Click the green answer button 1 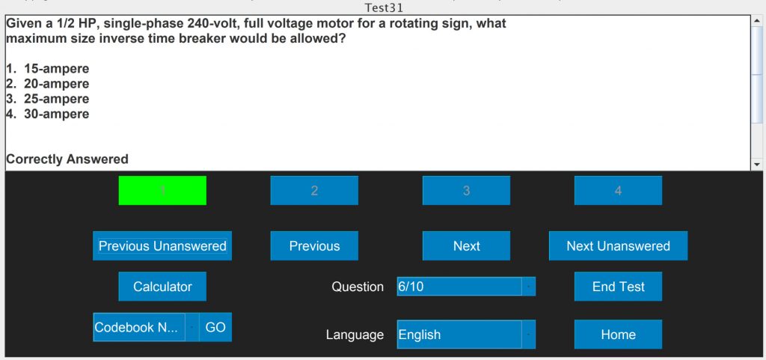pos(162,191)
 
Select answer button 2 pos(314,191)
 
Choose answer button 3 pos(466,191)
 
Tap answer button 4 pos(618,191)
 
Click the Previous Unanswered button pos(162,246)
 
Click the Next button pos(466,246)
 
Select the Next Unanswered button pos(618,246)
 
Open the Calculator pos(162,287)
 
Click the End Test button pos(618,287)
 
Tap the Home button pos(618,335)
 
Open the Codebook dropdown pos(191,328)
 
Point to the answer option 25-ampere pos(56,99)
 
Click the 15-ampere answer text pos(56,69)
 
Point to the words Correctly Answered pos(67,159)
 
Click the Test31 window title pos(383,7)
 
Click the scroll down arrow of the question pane pos(756,164)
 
